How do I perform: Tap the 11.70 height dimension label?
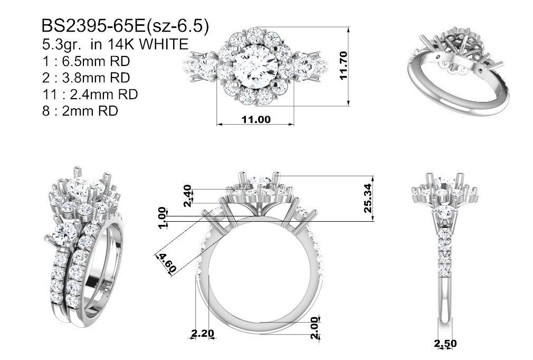click(x=344, y=65)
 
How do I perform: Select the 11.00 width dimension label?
click(x=256, y=119)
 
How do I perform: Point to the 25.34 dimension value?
click(x=368, y=198)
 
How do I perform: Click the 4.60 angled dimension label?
click(x=167, y=263)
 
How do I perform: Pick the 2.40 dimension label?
click(x=188, y=196)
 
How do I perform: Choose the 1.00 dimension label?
click(x=163, y=217)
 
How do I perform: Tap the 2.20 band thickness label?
click(x=202, y=333)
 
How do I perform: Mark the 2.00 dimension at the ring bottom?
click(x=315, y=328)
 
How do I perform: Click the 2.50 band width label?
click(x=445, y=344)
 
